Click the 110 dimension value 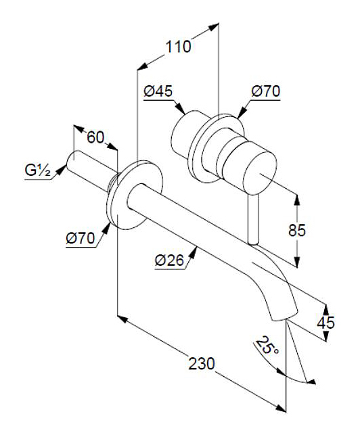[179, 47]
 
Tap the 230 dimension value [202, 364]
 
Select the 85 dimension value [297, 230]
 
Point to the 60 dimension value [95, 137]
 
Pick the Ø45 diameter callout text [158, 91]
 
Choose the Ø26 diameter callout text [170, 260]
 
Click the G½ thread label [38, 170]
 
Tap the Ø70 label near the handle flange [265, 91]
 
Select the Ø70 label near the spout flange [81, 239]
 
